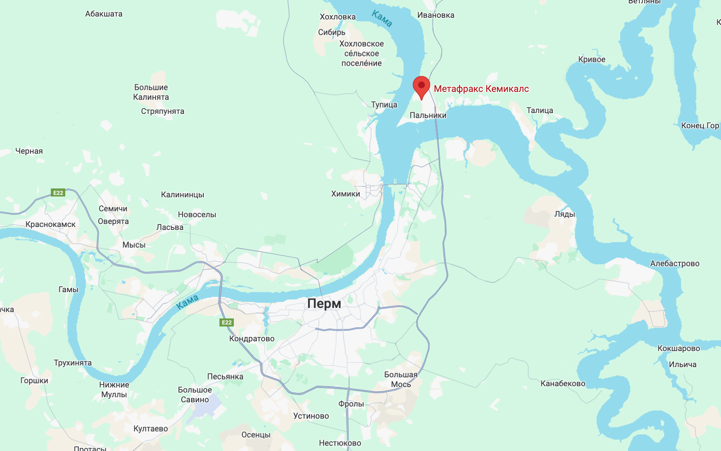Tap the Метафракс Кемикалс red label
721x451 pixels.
481,89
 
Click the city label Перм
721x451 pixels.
324,304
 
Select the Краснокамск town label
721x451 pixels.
50,224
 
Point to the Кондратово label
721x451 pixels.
252,339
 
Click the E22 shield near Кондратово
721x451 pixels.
227,323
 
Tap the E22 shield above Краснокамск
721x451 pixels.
58,193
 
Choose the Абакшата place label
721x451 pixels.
104,14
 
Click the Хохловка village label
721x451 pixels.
338,17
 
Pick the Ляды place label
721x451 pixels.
565,214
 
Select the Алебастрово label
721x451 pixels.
675,264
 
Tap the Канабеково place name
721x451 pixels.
563,384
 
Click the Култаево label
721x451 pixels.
150,429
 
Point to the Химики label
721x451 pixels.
346,194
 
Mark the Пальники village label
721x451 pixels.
428,115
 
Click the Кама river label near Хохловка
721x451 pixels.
382,19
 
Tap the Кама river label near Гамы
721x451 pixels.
187,302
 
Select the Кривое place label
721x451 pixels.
592,60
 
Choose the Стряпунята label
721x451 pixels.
163,111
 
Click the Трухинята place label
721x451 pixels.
73,363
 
